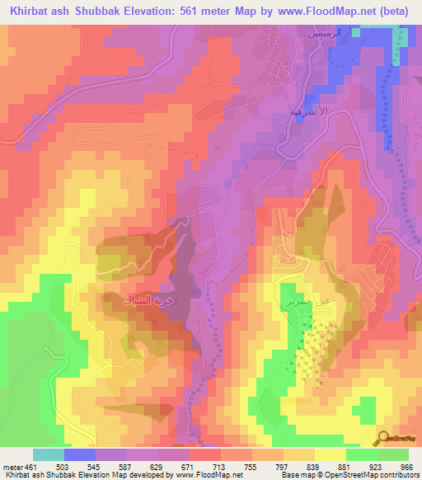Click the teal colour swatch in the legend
[49, 454]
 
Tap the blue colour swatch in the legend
[80, 454]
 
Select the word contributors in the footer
[400, 476]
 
